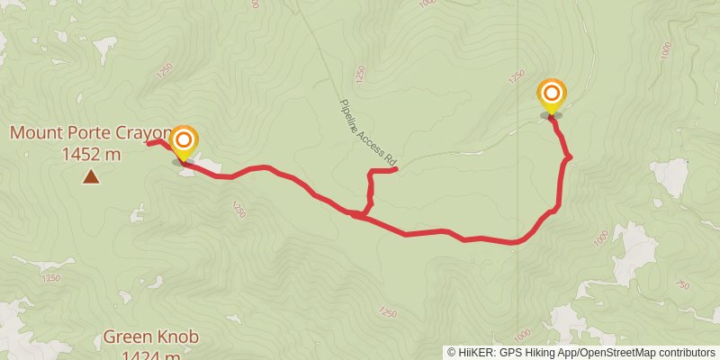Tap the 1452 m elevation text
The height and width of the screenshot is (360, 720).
point(91,154)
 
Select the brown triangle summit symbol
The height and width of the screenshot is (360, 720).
point(91,176)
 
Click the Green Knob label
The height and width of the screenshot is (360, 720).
point(150,337)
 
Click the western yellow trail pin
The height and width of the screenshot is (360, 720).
point(184,142)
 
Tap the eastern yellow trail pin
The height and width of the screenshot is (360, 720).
point(551,95)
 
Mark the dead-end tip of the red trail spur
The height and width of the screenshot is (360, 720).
point(396,169)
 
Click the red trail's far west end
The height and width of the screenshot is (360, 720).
point(148,142)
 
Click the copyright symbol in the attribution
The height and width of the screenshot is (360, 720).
point(453,353)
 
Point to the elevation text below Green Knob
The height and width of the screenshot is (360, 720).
point(150,355)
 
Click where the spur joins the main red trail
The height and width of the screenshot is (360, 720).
point(360,214)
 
